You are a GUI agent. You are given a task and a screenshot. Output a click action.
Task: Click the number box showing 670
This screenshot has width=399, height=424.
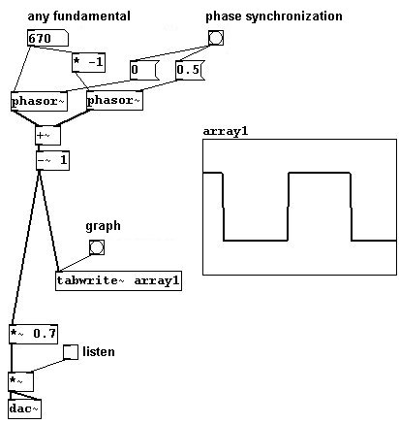[x=47, y=38]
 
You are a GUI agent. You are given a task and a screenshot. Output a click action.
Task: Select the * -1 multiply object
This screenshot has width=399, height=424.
[x=88, y=62]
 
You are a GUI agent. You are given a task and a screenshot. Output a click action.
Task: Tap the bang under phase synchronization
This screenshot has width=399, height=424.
[x=215, y=38]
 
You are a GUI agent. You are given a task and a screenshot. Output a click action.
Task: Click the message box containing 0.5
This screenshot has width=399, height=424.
[x=191, y=70]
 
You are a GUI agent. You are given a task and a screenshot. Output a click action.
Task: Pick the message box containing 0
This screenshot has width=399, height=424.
[x=144, y=70]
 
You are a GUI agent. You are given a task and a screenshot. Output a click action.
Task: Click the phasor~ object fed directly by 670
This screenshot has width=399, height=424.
[x=39, y=101]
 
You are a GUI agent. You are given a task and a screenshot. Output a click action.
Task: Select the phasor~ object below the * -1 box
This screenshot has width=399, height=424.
[x=114, y=101]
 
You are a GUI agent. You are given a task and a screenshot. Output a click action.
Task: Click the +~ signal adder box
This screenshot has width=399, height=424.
[x=47, y=135]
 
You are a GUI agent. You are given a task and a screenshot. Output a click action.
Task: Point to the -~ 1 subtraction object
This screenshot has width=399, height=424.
[x=52, y=160]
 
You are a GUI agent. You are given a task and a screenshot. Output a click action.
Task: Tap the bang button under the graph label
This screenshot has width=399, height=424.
[x=97, y=247]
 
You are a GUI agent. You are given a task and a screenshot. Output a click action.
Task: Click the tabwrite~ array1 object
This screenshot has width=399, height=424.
[x=118, y=280]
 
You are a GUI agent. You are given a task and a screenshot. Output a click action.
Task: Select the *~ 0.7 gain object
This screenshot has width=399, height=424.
[x=33, y=334]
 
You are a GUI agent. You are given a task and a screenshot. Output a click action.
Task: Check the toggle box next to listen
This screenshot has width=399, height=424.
[x=71, y=352]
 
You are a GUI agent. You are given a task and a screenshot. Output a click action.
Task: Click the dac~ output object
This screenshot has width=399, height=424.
[x=25, y=409]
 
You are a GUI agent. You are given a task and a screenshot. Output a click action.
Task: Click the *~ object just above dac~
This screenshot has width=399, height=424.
[x=20, y=381]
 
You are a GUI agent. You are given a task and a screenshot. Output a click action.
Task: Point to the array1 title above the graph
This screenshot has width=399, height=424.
[x=226, y=131]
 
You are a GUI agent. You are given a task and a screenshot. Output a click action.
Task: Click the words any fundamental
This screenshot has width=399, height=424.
[x=79, y=16]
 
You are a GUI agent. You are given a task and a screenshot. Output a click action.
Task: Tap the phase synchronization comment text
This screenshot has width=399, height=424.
[x=274, y=16]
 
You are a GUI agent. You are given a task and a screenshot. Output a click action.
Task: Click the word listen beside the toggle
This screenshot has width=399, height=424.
[x=99, y=351]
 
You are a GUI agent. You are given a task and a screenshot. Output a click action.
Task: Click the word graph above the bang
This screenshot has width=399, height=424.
[x=103, y=226]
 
